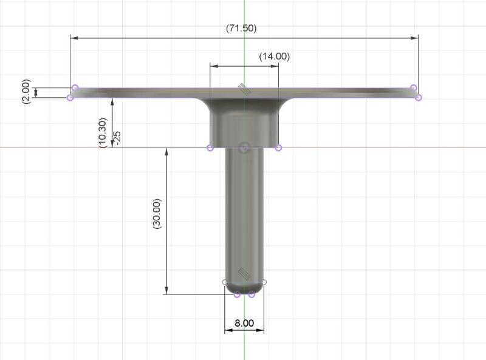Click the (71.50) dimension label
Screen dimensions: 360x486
coord(244,29)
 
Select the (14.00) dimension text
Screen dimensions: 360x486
coord(274,56)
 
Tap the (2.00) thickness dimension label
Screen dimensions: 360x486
coord(26,92)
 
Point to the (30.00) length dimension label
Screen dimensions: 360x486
coord(157,213)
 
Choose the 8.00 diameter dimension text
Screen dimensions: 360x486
coord(244,323)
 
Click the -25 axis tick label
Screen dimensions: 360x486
coord(117,138)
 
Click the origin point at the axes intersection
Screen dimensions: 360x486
coord(244,148)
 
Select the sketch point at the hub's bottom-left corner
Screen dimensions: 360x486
coord(210,148)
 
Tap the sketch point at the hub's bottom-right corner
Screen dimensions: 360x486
coord(278,148)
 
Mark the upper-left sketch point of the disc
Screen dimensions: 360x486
coord(75,88)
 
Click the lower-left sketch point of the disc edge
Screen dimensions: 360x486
coord(70,97)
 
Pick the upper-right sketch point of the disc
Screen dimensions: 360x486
coord(413,88)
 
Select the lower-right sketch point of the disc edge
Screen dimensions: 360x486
coord(418,97)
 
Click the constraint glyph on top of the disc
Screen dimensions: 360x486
coord(243,89)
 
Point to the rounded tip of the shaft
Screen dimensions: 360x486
coord(244,290)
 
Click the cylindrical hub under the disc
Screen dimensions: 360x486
coord(244,124)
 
